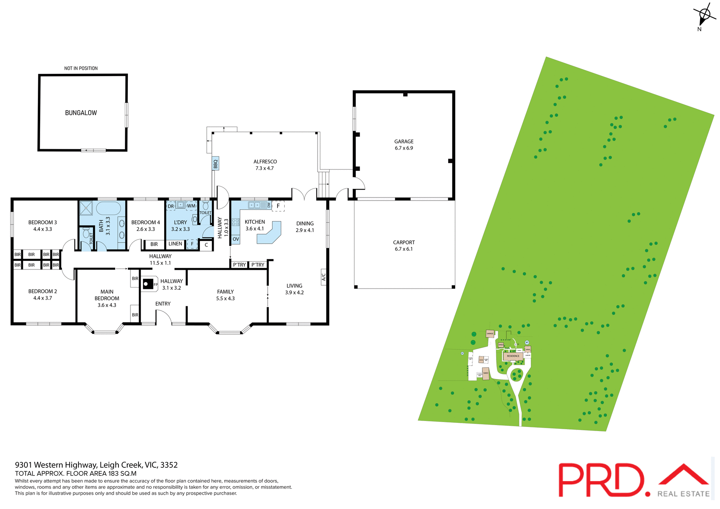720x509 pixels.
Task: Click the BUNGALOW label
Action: point(81,113)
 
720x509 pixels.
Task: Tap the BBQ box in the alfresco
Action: point(215,164)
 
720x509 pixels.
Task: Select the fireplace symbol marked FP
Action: point(148,284)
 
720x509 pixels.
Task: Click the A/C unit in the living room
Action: point(324,277)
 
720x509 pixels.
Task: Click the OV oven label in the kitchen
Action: point(235,239)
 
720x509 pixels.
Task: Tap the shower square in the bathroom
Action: point(86,208)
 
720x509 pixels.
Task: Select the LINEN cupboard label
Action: point(175,244)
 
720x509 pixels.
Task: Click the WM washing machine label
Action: point(191,206)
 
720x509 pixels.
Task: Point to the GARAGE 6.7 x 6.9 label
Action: point(404,145)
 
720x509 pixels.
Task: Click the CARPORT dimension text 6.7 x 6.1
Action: point(404,249)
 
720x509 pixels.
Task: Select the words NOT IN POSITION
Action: point(81,68)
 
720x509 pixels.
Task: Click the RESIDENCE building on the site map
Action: point(513,356)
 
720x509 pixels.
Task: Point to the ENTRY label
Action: point(163,304)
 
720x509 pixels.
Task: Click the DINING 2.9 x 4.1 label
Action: point(305,227)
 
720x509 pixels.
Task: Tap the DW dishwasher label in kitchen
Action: point(269,205)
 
